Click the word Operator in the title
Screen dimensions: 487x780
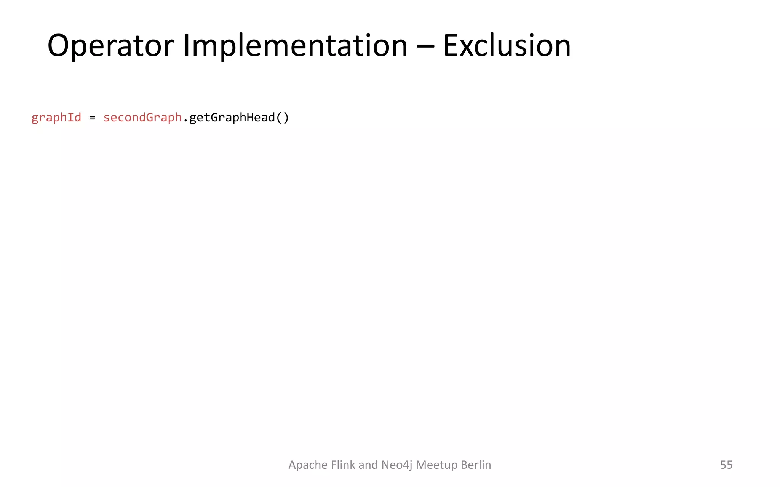pyautogui.click(x=110, y=46)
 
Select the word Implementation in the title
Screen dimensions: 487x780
pyautogui.click(x=295, y=46)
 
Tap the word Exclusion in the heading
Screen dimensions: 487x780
pyautogui.click(x=507, y=46)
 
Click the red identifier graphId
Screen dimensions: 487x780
pyautogui.click(x=56, y=118)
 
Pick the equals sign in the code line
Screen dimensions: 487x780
pyautogui.click(x=92, y=118)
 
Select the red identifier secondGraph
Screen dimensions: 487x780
pyautogui.click(x=142, y=118)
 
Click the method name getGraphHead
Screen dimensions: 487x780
pyautogui.click(x=232, y=118)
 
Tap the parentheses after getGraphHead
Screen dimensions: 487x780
pyautogui.click(x=282, y=118)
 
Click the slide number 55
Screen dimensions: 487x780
pyautogui.click(x=726, y=465)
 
